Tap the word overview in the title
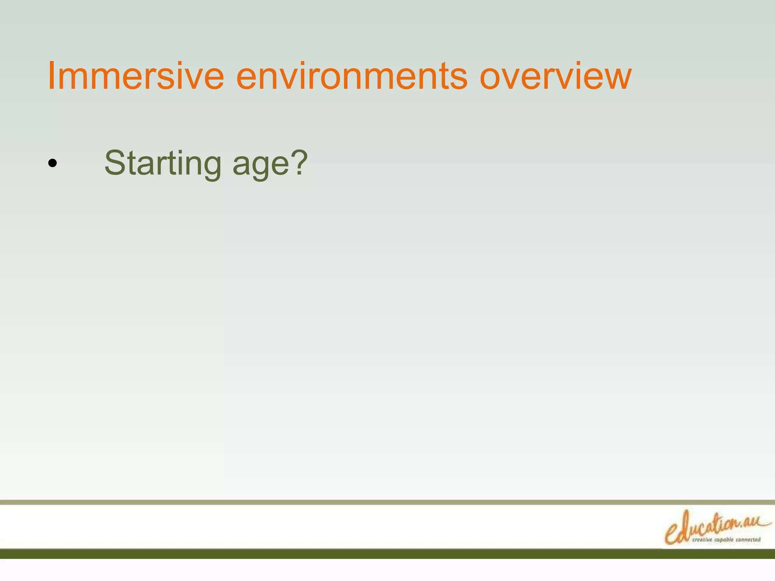(x=555, y=76)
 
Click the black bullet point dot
(x=53, y=164)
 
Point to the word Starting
(x=163, y=163)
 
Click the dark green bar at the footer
(x=378, y=554)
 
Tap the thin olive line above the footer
(x=378, y=502)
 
